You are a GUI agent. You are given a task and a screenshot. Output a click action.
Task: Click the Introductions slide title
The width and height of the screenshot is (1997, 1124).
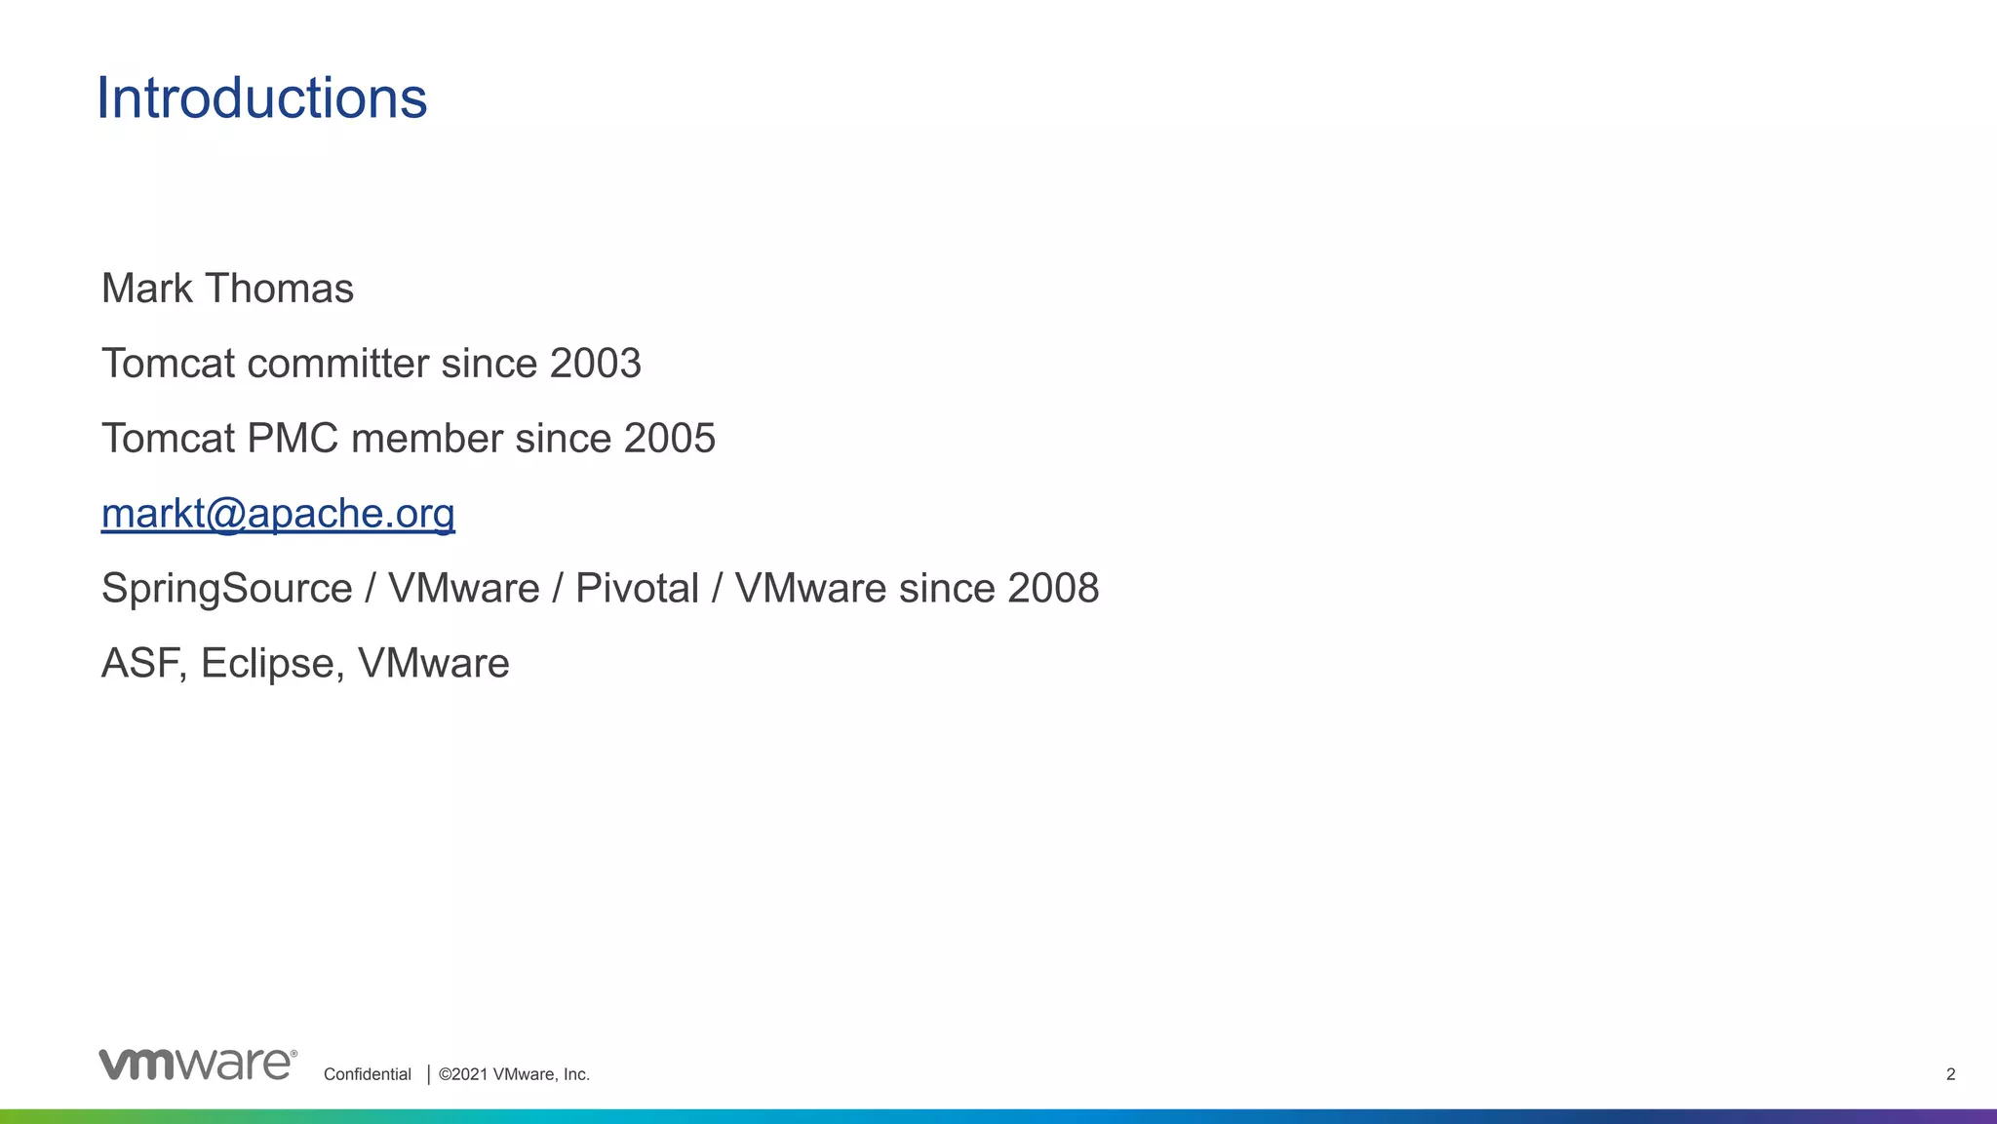click(261, 98)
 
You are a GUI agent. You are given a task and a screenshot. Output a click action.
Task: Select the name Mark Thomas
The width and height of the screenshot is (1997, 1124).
click(227, 289)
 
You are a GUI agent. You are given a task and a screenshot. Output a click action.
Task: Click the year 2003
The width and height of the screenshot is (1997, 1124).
click(595, 364)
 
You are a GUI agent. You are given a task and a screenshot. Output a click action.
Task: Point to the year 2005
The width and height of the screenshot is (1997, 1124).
click(670, 439)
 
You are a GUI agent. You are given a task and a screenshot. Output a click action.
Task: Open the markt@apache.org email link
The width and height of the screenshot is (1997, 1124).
click(278, 514)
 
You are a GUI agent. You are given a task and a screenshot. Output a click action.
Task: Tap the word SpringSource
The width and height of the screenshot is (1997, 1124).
click(226, 589)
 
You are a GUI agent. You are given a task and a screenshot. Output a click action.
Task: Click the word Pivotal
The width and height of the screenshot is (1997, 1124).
click(637, 589)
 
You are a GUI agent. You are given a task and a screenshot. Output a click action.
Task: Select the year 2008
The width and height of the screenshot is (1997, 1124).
click(1053, 589)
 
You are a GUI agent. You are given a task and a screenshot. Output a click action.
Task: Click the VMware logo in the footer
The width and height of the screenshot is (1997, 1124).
click(197, 1064)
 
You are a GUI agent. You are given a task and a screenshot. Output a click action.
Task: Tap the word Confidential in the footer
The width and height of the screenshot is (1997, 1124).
click(368, 1074)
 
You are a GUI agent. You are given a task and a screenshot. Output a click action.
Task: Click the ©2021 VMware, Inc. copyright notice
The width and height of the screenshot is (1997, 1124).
click(514, 1074)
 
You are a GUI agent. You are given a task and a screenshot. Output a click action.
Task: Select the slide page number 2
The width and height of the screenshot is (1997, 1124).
click(1950, 1074)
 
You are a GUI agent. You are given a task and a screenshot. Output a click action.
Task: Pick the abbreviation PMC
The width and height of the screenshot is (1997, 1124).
click(293, 439)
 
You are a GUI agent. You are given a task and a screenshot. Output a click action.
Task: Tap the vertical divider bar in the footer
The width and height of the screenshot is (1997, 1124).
click(428, 1074)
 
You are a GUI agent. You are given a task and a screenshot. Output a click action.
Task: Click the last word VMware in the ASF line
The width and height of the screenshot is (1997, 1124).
click(433, 664)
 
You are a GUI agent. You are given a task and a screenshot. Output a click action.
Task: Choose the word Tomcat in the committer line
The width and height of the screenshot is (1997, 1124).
click(169, 364)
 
